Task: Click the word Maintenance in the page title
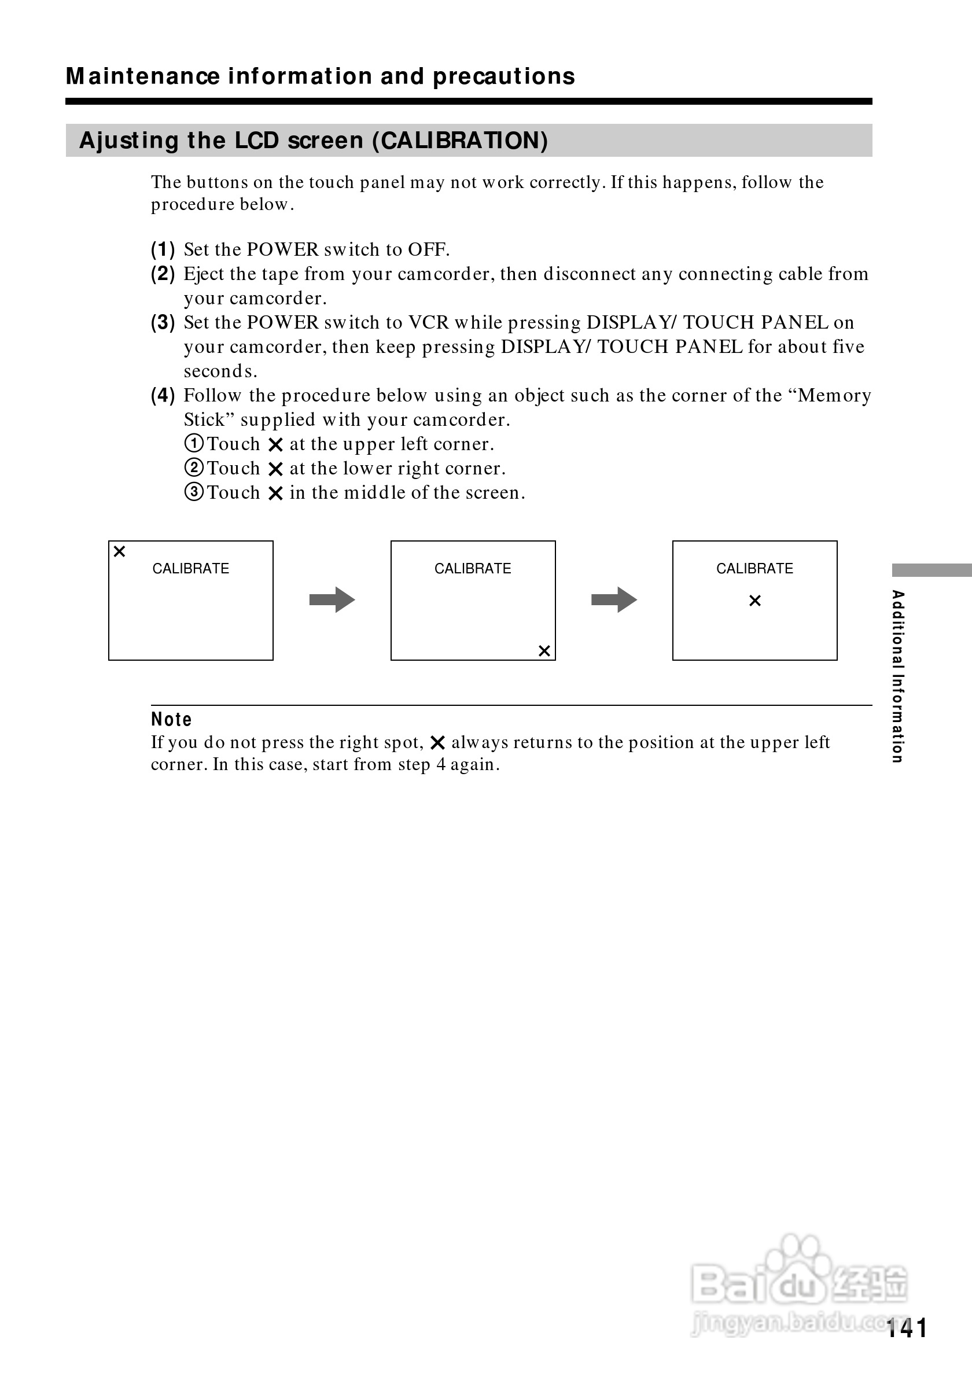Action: [x=143, y=77]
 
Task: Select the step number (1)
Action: [x=163, y=249]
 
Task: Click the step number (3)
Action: [x=163, y=323]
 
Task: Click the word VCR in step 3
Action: [x=428, y=323]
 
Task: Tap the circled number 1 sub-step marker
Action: [x=194, y=444]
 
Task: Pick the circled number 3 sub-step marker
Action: [x=194, y=492]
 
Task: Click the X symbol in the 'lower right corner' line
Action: [x=275, y=469]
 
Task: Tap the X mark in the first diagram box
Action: [x=119, y=552]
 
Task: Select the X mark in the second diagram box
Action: [x=544, y=651]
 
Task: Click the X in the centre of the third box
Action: [x=755, y=601]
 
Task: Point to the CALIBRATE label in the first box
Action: [x=191, y=569]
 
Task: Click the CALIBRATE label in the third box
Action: [x=754, y=569]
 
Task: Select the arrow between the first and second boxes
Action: [x=332, y=600]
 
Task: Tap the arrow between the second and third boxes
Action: [x=614, y=600]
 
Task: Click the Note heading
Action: [x=171, y=720]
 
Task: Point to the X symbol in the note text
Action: [x=438, y=743]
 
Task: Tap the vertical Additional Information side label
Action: [x=897, y=676]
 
